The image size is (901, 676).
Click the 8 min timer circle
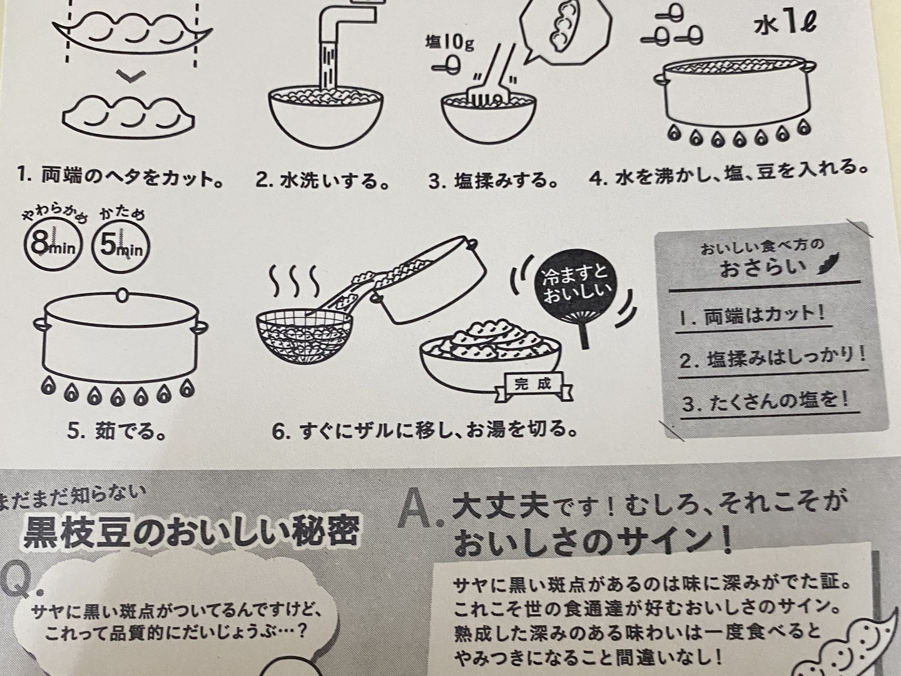coord(54,246)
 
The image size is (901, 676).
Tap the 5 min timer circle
coord(120,247)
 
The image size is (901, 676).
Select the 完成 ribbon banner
coord(533,386)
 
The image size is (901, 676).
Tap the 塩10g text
coord(449,43)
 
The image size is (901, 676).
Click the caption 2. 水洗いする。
coord(323,180)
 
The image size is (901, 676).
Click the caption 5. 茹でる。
coord(116,431)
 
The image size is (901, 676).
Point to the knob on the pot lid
coord(121,295)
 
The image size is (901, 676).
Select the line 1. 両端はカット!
coord(753,317)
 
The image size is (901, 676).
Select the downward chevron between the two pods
coord(131,76)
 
